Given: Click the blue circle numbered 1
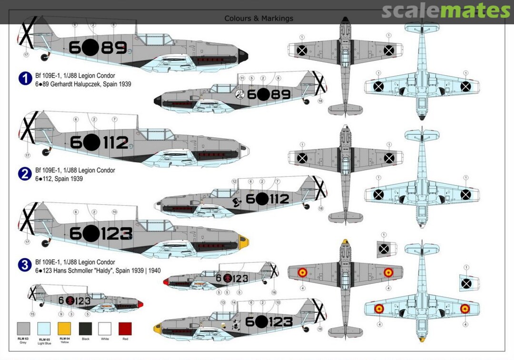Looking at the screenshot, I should point(25,79).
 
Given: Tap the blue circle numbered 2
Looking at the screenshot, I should point(25,174).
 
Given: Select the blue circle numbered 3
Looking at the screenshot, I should point(25,265).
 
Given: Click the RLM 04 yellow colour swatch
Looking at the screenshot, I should point(64,329).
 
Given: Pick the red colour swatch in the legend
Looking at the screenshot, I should point(125,329).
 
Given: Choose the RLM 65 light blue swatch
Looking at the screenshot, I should point(43,329).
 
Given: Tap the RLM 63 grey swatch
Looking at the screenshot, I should point(23,329).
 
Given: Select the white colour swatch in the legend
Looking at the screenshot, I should point(105,329).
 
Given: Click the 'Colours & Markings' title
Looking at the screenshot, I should point(259,19).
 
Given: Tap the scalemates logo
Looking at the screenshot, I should point(445,10).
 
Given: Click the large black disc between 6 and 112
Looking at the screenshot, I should point(92,142).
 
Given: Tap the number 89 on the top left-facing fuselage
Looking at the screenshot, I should point(115,47).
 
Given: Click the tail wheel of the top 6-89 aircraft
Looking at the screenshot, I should point(46,58).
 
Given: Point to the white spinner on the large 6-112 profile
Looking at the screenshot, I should point(246,151).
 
